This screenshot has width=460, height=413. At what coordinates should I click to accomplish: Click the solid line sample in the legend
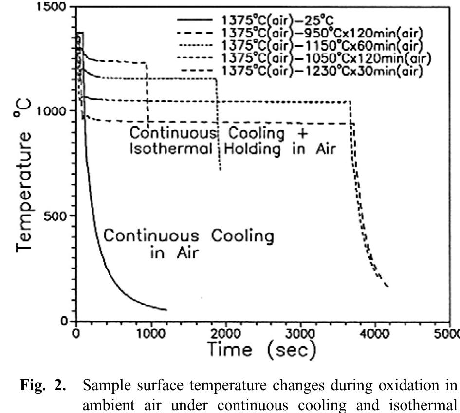195,21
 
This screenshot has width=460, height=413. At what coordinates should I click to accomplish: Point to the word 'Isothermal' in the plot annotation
171,149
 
